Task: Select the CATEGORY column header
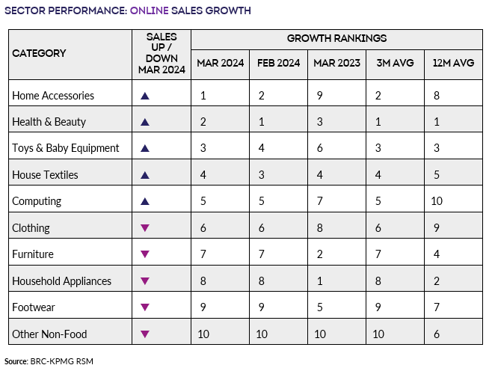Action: [x=39, y=53]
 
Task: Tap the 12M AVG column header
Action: [x=453, y=64]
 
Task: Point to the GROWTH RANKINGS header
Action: [x=336, y=38]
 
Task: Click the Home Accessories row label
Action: [x=53, y=96]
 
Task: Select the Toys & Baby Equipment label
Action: [x=66, y=148]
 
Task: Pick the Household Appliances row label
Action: [x=62, y=280]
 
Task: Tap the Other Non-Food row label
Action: [x=51, y=334]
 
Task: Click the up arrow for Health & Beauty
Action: [x=145, y=122]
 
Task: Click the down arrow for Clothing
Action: [x=145, y=228]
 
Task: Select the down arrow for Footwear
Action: [x=145, y=307]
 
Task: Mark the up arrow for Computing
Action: [x=145, y=201]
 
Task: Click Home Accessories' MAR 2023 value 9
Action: [x=319, y=96]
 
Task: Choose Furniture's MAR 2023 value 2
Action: [x=319, y=254]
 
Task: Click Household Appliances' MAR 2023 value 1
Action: [x=319, y=280]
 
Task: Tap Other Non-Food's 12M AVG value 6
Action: [x=437, y=334]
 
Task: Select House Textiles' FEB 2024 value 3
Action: [x=261, y=175]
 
